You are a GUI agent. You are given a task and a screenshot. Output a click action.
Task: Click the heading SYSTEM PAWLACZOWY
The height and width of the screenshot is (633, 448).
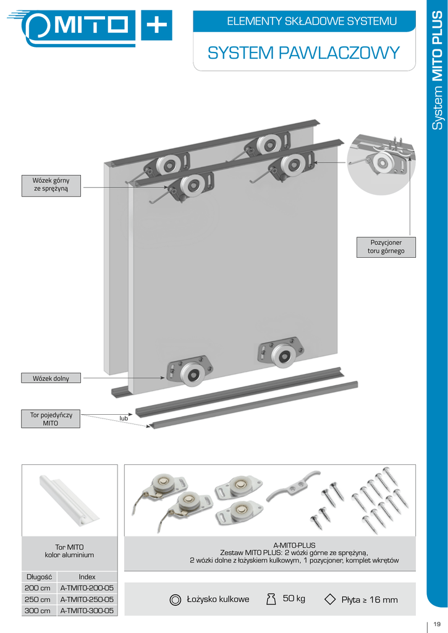[304, 53]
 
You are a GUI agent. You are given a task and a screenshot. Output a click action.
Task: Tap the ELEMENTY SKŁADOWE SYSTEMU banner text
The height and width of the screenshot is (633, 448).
[312, 22]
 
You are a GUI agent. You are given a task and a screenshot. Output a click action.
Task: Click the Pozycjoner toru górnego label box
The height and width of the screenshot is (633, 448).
[386, 247]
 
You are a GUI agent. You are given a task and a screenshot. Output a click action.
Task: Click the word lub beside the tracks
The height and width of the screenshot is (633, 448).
[124, 418]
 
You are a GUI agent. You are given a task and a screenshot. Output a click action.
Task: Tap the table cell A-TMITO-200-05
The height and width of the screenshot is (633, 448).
[87, 588]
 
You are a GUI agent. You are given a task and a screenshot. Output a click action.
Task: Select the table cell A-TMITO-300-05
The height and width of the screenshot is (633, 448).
[87, 611]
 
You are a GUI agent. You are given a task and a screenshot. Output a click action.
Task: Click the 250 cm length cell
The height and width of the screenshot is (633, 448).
[38, 600]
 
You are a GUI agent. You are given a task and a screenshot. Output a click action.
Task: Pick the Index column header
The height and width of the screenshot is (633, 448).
[87, 577]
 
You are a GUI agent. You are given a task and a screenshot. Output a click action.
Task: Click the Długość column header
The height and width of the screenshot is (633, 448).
[38, 577]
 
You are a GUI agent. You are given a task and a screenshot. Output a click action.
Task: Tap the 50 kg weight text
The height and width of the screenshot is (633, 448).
[294, 598]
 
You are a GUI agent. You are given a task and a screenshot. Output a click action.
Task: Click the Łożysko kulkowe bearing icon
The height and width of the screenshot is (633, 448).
[175, 599]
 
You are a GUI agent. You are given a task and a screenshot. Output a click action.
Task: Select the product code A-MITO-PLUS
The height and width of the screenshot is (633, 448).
[294, 545]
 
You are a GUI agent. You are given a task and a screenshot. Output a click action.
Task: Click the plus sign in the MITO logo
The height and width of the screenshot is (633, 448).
[156, 25]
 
